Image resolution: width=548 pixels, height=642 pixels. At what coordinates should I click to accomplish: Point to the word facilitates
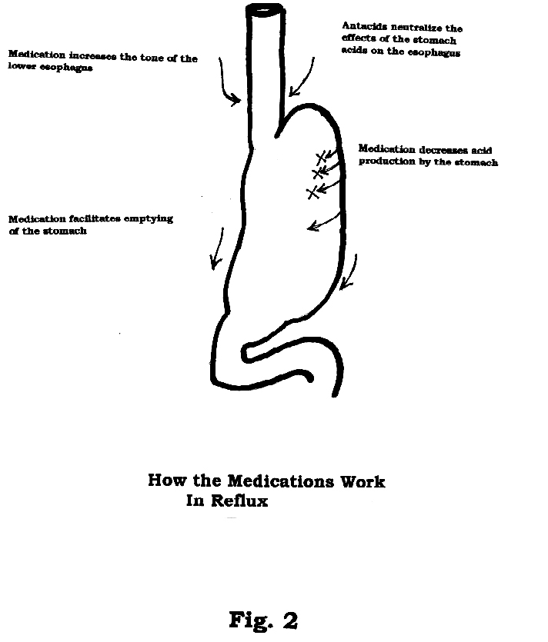coord(94,218)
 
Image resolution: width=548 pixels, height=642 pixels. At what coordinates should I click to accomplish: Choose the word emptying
coord(149,219)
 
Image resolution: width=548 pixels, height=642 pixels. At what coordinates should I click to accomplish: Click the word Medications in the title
coord(281,481)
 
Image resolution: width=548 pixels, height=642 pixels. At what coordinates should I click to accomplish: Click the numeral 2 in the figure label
coord(290,620)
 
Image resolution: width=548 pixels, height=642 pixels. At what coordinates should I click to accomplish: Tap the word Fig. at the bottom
coord(251,620)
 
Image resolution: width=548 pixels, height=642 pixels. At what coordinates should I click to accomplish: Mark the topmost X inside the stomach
coord(322,158)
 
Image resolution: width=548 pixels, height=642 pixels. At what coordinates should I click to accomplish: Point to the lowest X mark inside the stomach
coord(312,192)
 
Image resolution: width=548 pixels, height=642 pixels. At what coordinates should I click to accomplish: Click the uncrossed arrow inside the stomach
coord(324,222)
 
